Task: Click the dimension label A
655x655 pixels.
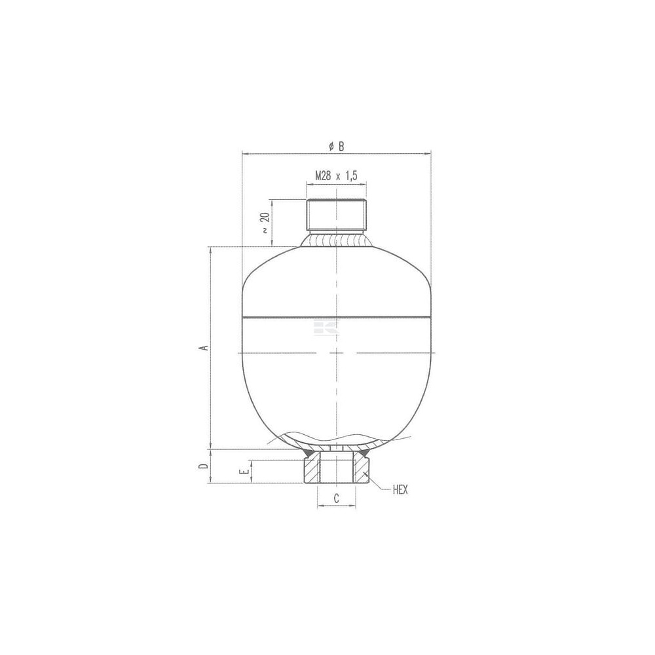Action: click(204, 348)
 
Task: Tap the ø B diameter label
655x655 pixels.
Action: click(337, 146)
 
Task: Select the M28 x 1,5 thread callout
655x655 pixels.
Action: click(336, 176)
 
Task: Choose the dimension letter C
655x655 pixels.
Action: click(336, 498)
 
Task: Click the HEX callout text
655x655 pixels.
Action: click(400, 490)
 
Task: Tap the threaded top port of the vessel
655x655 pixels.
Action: click(336, 215)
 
